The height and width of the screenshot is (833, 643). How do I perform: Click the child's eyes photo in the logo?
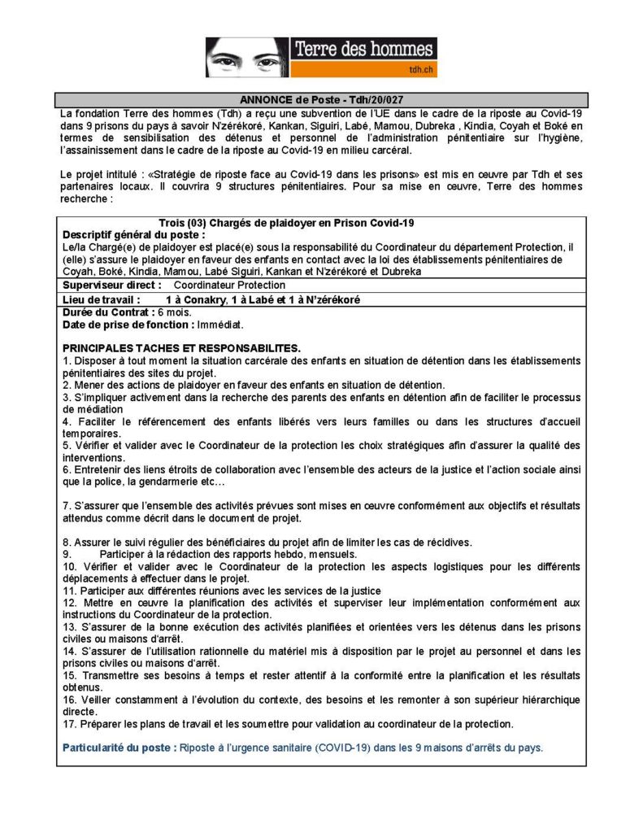click(245, 59)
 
